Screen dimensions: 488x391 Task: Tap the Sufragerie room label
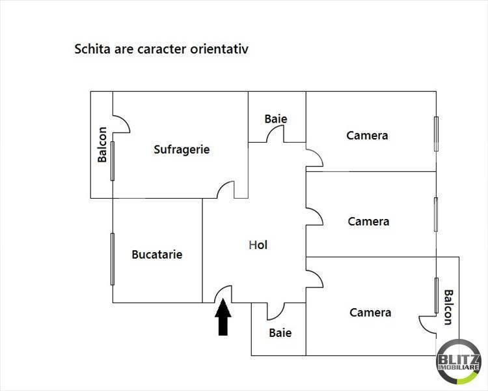coord(182,149)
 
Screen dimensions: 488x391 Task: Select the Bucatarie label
coord(157,254)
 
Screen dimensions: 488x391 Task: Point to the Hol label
coord(258,245)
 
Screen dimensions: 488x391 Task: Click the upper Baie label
coord(276,119)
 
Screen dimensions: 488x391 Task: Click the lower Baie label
coord(280,333)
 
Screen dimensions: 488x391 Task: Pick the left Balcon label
coord(102,145)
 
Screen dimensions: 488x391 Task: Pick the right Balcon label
coord(448,308)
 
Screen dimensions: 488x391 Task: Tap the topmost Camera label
coord(367,136)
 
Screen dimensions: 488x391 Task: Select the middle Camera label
coord(368,222)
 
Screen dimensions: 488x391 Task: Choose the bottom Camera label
coord(370,312)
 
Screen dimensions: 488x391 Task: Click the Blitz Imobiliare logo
coord(459,362)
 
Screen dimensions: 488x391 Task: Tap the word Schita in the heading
coord(92,49)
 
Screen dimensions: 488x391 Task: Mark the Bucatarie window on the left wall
coord(113,259)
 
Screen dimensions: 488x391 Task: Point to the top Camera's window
coord(437,134)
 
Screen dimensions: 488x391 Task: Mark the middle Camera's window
coord(436,214)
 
